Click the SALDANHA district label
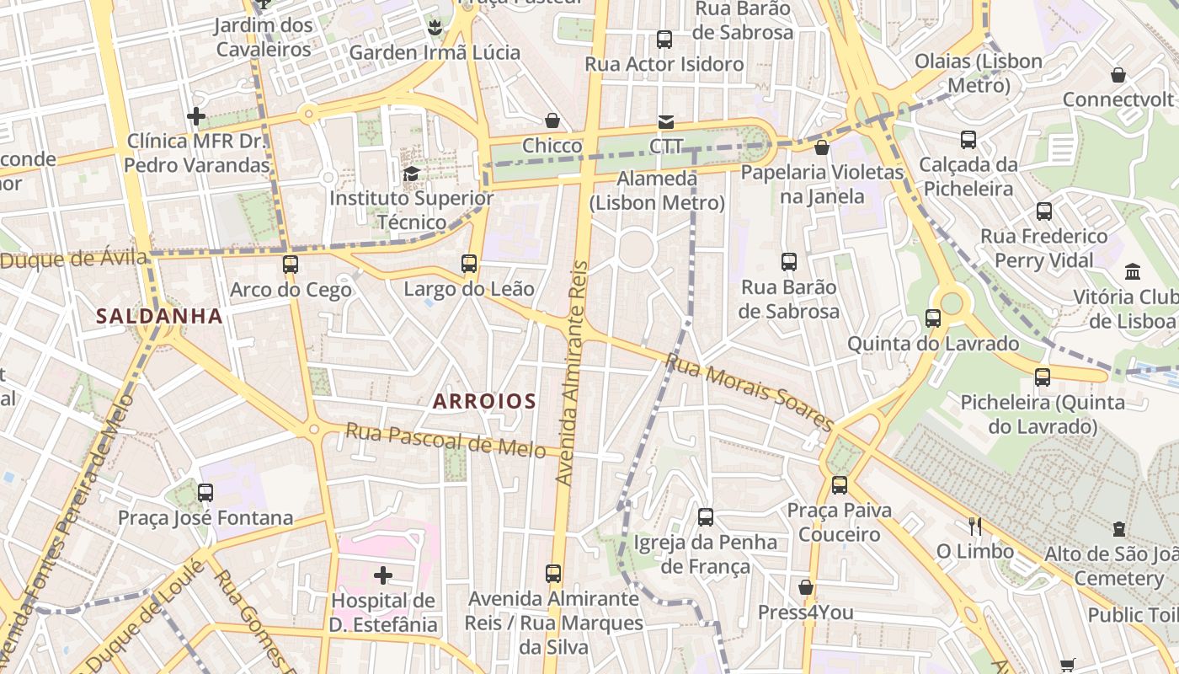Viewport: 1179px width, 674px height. click(x=159, y=317)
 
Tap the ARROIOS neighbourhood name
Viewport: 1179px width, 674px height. click(x=484, y=402)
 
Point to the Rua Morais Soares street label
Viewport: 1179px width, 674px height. click(x=749, y=392)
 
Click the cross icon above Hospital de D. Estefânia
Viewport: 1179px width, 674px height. click(x=383, y=576)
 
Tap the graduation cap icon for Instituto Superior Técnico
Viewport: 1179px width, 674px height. click(x=411, y=174)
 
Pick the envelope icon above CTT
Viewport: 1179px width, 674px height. click(x=666, y=122)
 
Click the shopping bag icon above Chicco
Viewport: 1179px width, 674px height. click(x=552, y=121)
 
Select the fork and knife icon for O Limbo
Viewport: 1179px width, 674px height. click(x=975, y=527)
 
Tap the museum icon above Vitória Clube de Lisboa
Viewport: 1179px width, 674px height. click(x=1133, y=272)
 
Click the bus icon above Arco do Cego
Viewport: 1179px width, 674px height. click(x=291, y=265)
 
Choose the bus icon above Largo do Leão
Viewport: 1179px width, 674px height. click(x=469, y=264)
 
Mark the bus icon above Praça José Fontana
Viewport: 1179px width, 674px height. click(x=205, y=493)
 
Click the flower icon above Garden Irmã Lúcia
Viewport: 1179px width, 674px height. click(x=435, y=28)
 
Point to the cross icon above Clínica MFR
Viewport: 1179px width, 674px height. click(x=196, y=116)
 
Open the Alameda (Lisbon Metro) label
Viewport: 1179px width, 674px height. click(x=657, y=190)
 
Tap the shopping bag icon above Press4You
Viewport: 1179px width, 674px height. click(x=806, y=587)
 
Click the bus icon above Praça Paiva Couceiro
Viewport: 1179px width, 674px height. click(x=839, y=485)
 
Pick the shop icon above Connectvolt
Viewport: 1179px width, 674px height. click(x=1118, y=76)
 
